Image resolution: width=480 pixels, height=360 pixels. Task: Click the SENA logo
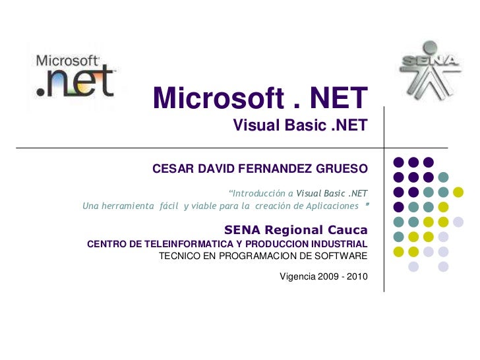coord(429,68)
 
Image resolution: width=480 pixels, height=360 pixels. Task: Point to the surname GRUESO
coord(340,169)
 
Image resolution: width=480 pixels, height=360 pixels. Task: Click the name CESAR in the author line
coord(171,169)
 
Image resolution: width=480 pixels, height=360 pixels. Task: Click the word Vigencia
coord(297,276)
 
